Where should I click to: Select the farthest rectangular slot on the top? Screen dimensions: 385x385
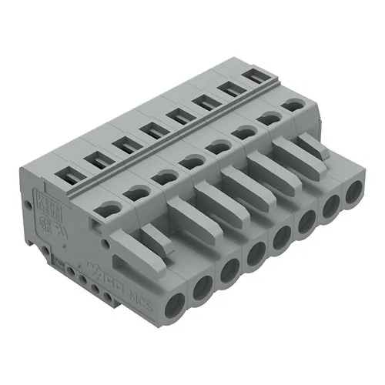tap(254, 78)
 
